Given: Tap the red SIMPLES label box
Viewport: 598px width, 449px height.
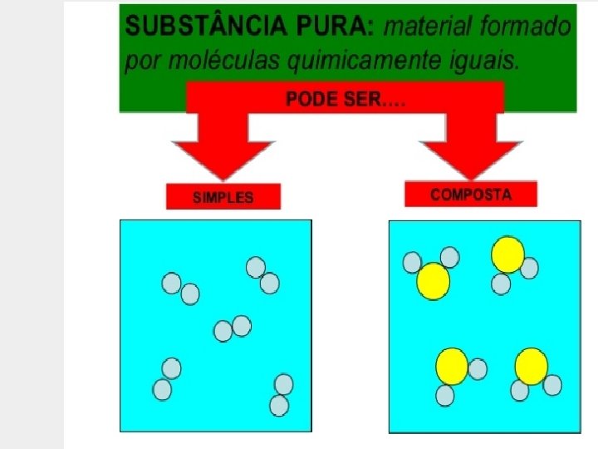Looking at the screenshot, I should [x=223, y=197].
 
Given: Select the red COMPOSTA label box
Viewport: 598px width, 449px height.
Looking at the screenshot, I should [x=471, y=195].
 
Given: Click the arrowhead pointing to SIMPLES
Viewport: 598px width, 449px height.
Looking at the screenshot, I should [x=223, y=158].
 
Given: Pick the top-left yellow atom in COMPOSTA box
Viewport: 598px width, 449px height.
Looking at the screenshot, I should [x=433, y=281].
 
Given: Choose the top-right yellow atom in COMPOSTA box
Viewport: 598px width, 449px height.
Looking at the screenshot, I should [x=507, y=254].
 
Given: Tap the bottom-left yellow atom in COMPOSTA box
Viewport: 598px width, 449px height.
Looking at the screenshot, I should [x=452, y=367].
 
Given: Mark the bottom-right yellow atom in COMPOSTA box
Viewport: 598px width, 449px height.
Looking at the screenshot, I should [x=532, y=366].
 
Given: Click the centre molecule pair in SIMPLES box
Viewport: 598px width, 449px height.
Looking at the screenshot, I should [x=233, y=328].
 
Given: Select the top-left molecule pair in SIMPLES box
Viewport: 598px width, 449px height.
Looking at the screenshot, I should [x=181, y=288].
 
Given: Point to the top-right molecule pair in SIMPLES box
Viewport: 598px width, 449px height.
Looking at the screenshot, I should [x=262, y=275].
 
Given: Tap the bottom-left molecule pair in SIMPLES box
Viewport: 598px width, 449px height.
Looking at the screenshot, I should [x=167, y=379].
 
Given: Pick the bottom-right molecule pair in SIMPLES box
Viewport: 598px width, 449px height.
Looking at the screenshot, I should [x=282, y=395].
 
